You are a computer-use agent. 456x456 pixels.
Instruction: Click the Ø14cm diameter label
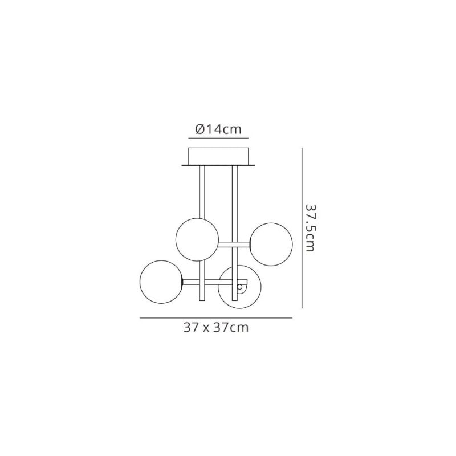(218, 129)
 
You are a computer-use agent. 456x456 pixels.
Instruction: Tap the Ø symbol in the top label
(200, 129)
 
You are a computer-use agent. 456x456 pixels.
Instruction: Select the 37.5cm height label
(310, 227)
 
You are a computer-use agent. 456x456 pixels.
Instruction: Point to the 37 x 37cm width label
(216, 328)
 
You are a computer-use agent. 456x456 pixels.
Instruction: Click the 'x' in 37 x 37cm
(206, 329)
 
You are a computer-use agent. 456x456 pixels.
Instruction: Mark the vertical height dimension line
(302, 228)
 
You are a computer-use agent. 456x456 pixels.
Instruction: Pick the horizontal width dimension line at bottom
(216, 318)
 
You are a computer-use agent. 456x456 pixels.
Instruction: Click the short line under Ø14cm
(218, 138)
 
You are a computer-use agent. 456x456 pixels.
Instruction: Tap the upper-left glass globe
(197, 239)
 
